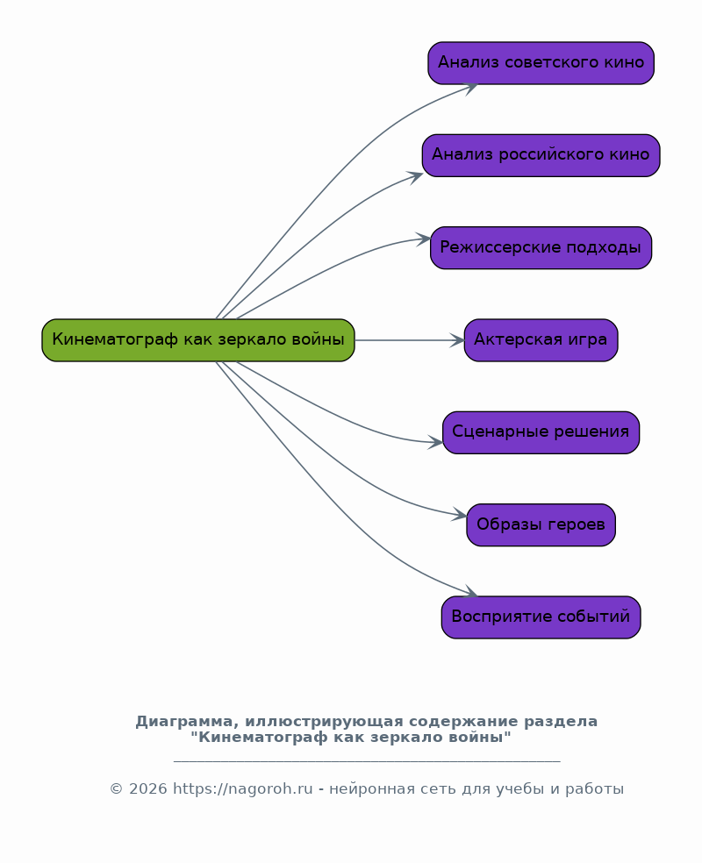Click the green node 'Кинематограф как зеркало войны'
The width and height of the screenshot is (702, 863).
(x=198, y=340)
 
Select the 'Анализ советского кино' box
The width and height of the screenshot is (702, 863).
(x=541, y=63)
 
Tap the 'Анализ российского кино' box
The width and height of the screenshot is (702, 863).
(x=541, y=155)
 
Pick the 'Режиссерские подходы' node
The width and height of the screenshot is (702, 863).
(x=541, y=247)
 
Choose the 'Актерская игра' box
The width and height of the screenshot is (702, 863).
(x=541, y=340)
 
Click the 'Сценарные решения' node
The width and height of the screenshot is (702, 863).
(x=541, y=432)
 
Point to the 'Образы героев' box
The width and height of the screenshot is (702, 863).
(x=541, y=525)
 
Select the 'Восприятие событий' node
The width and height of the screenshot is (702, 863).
(x=541, y=617)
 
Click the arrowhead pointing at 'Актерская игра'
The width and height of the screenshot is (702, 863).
(x=457, y=340)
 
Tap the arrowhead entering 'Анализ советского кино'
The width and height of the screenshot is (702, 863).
(x=469, y=89)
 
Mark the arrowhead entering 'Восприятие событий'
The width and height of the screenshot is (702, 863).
(x=470, y=592)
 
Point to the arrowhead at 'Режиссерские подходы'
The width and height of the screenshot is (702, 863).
(x=424, y=239)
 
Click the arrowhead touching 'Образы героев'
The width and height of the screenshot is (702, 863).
(x=459, y=515)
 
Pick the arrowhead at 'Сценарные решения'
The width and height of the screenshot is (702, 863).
(x=435, y=442)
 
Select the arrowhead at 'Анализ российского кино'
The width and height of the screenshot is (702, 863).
(x=416, y=177)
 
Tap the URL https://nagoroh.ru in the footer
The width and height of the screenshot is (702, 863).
(x=243, y=789)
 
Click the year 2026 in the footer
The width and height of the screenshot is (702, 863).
(x=148, y=789)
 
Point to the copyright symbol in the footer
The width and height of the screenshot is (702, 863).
(x=116, y=789)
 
